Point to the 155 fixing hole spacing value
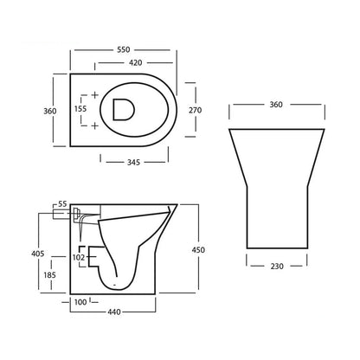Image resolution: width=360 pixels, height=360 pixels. [80, 109]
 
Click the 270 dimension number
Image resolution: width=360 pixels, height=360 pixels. [196, 110]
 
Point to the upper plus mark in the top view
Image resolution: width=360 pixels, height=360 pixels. [93, 93]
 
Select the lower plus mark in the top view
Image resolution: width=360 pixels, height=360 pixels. [93, 125]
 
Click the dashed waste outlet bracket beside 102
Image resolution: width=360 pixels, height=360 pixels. [90, 256]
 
